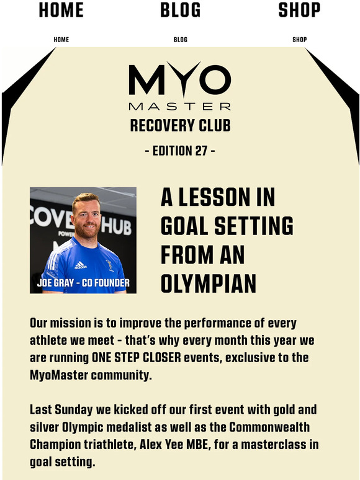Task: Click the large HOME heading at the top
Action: tap(61, 10)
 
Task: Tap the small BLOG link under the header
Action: tap(181, 40)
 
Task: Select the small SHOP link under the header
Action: tap(299, 40)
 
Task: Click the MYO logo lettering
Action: tap(179, 78)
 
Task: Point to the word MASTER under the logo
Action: tap(179, 106)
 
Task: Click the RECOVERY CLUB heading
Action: tap(180, 126)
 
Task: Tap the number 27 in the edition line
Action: tap(199, 151)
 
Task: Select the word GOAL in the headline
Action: tap(185, 226)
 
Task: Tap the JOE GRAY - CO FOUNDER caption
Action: tap(83, 283)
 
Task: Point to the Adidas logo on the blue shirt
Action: tap(80, 265)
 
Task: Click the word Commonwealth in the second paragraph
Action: tap(267, 428)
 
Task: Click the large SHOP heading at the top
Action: tap(299, 10)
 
